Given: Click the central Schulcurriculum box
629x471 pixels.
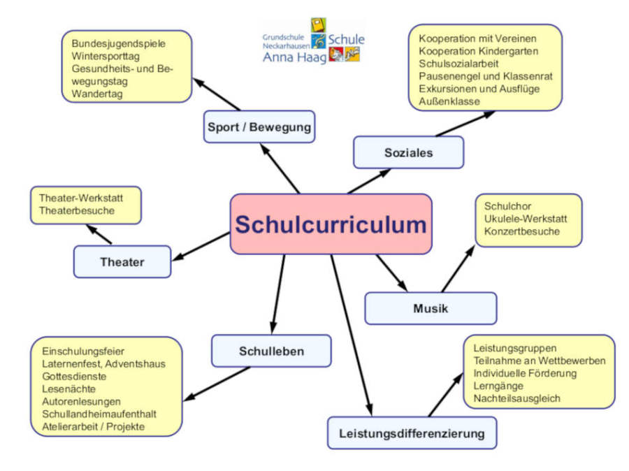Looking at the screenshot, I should pos(331,224).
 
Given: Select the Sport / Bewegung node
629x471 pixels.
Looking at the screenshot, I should pos(259,127).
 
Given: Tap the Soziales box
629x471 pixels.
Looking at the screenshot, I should pos(408,152).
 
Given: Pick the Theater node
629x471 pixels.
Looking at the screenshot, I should pos(122,262).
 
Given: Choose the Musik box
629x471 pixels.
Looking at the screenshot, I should pos(431,308).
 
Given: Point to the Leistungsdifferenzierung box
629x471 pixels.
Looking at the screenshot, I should pos(412,433).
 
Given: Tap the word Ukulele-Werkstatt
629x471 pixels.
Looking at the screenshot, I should pos(525,219).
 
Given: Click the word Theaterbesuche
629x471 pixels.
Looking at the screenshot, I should pos(77,210).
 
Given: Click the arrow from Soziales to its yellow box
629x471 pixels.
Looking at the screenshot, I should pos(465,123).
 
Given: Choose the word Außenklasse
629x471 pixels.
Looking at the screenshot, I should pos(449,101).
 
